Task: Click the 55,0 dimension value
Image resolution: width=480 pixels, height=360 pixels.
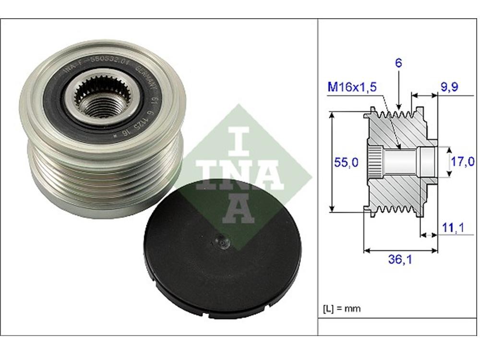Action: (346, 163)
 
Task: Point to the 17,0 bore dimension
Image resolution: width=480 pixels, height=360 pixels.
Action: (463, 162)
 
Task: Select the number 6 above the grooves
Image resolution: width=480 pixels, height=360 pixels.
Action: (399, 63)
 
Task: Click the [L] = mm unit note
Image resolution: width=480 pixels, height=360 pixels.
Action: (342, 308)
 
